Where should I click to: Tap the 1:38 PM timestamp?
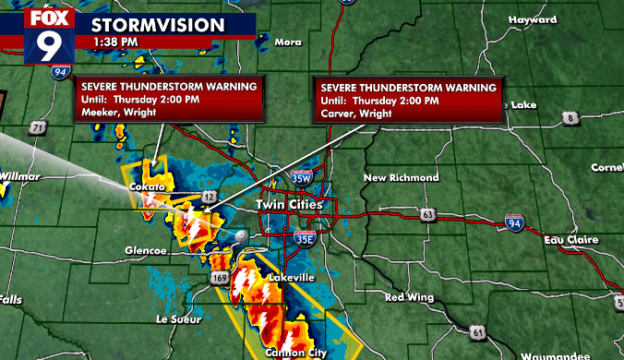(114, 41)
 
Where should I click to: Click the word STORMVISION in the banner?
(157, 22)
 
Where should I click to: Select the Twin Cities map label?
(290, 204)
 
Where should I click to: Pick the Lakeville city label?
(291, 278)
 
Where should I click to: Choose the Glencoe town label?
(146, 250)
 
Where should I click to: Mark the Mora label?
(288, 42)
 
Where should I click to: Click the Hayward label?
(526, 18)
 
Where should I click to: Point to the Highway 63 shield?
(426, 215)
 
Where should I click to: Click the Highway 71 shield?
(38, 126)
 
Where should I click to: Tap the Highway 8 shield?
(572, 117)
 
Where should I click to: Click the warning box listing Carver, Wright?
(409, 99)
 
